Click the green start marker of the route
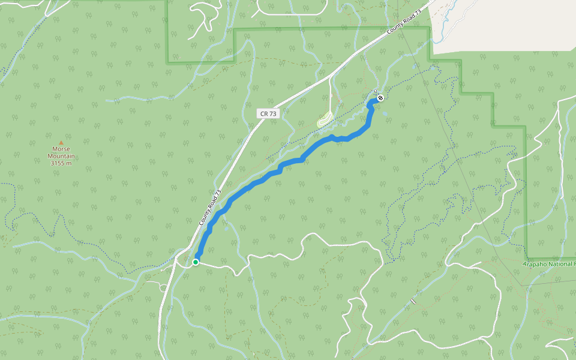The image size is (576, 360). pos(196,262)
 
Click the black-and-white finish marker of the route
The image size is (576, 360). pos(380,98)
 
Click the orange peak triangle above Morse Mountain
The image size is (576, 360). pos(61,143)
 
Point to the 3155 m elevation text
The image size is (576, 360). pos(61,163)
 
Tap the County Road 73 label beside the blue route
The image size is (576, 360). pos(210,208)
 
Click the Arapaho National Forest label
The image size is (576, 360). pos(549,263)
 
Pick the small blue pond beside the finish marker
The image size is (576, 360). pos(385,112)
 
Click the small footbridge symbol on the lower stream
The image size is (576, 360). pos(413,301)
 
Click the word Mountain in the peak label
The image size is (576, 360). pos(61,156)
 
